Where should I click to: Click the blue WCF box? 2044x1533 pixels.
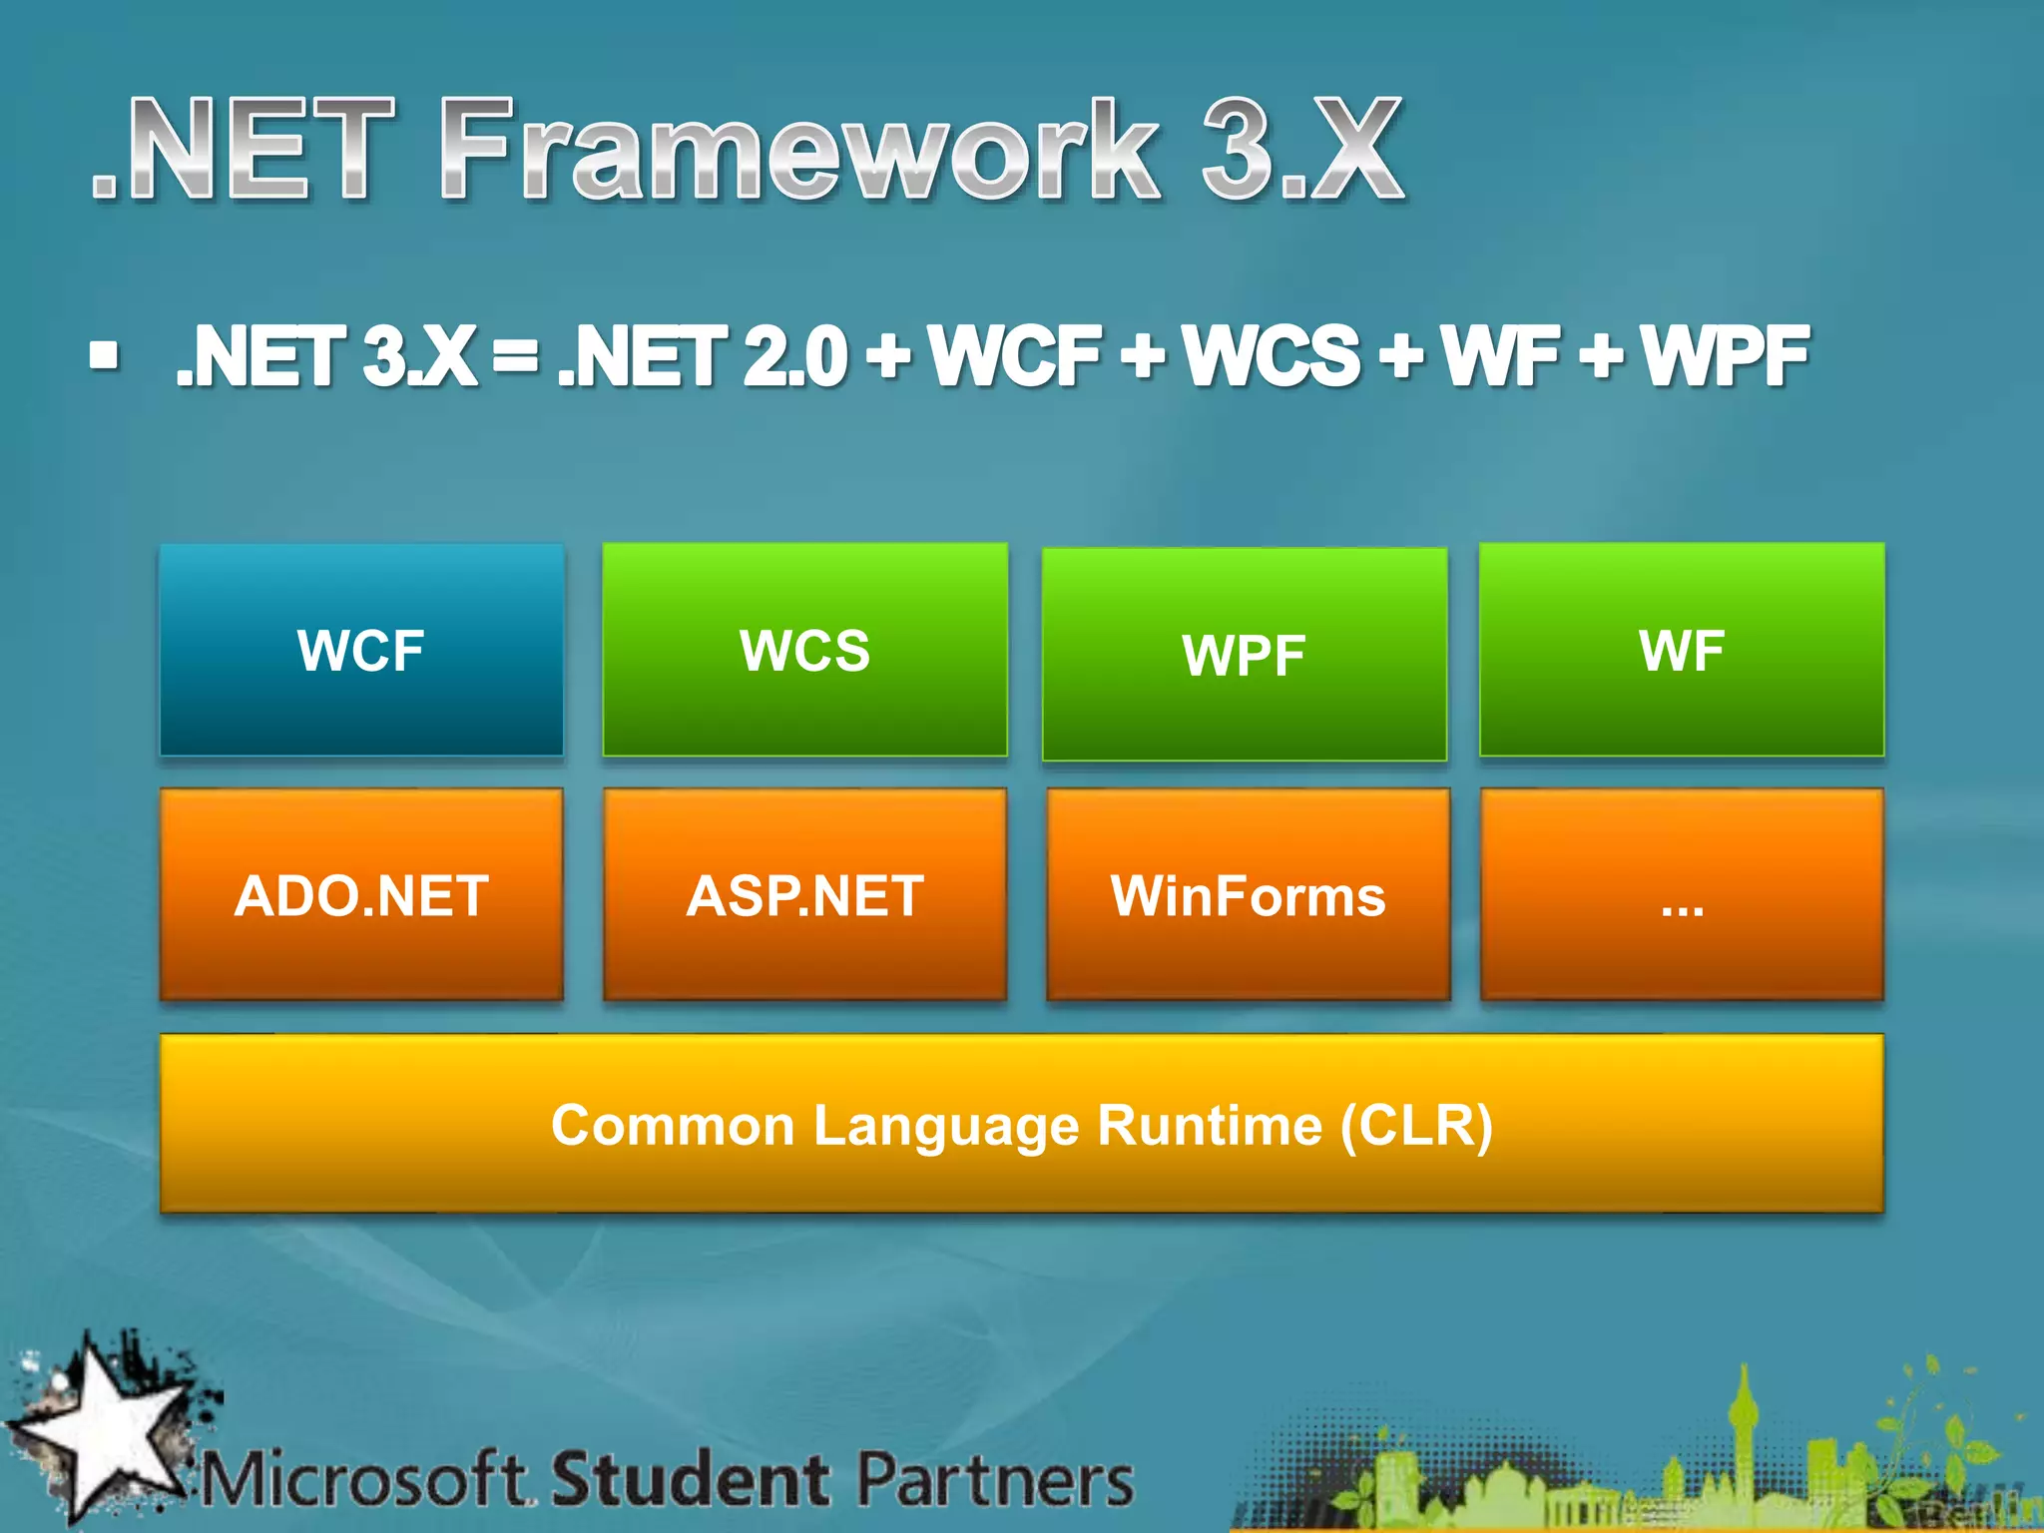click(361, 650)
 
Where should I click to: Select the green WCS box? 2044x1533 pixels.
click(804, 650)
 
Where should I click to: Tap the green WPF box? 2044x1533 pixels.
click(1244, 655)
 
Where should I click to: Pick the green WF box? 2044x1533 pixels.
click(1682, 650)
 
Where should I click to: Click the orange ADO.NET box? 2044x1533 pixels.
click(361, 895)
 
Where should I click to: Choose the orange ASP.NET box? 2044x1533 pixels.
click(804, 895)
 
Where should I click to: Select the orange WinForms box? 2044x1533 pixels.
click(1248, 895)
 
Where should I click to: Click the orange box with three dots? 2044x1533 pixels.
click(1682, 895)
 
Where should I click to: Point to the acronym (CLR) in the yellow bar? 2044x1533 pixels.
click(1415, 1126)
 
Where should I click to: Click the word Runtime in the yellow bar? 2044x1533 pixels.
click(1210, 1126)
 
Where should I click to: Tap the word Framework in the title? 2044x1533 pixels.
click(798, 150)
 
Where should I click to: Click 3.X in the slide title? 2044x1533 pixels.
click(1302, 150)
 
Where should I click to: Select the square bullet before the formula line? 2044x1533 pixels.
click(104, 355)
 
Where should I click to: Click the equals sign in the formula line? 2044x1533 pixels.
click(515, 355)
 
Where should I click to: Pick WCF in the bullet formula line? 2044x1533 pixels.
click(1015, 355)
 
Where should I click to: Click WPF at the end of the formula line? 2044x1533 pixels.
click(1726, 355)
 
